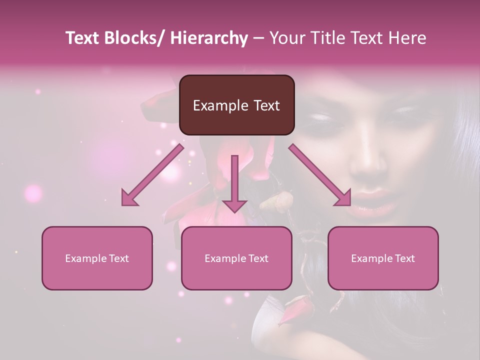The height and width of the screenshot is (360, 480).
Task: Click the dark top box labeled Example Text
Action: click(236, 105)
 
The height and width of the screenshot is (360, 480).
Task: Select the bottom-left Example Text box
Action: click(97, 258)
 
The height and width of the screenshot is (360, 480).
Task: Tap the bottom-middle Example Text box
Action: click(236, 258)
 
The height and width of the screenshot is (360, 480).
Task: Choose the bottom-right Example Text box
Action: click(383, 258)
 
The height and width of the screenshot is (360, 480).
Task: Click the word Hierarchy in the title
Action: click(209, 38)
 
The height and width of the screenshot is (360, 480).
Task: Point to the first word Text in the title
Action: click(83, 38)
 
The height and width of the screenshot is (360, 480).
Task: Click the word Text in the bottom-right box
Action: click(404, 258)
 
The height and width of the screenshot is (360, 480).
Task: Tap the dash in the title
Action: click(258, 38)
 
